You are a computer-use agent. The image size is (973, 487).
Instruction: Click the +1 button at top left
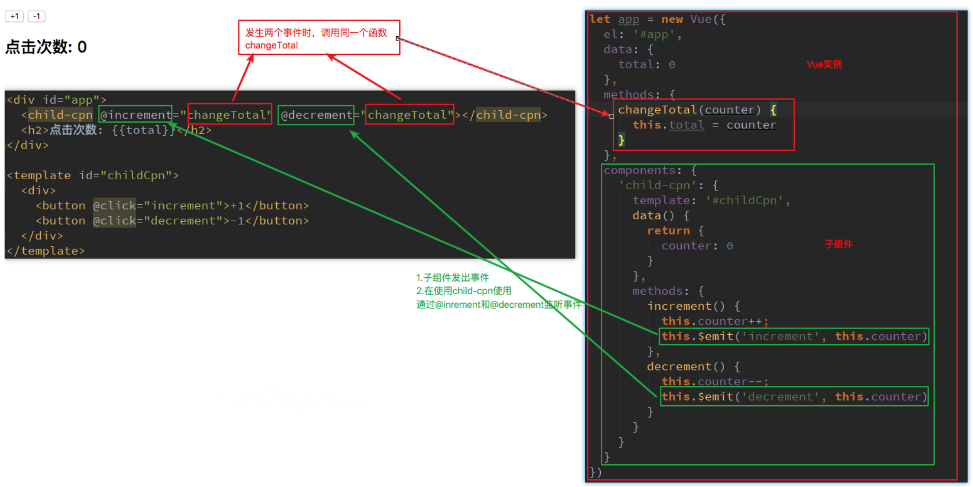click(15, 17)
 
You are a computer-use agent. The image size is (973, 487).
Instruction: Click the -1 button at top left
click(36, 17)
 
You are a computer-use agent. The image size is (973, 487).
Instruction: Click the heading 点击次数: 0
click(46, 47)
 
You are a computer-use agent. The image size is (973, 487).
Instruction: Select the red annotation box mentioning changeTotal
click(319, 38)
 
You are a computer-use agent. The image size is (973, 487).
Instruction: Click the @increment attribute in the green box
click(135, 115)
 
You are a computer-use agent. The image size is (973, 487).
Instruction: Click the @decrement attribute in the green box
click(316, 115)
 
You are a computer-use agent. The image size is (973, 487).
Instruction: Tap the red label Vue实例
click(824, 64)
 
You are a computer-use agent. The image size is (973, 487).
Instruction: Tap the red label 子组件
click(838, 244)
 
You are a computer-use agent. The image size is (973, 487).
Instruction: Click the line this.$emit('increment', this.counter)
click(794, 336)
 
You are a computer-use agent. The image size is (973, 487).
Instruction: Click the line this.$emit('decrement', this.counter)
click(794, 397)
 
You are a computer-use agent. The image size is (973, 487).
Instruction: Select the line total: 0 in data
click(646, 65)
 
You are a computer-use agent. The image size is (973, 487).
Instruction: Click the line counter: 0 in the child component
click(697, 246)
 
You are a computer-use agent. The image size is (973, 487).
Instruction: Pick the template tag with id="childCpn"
click(93, 176)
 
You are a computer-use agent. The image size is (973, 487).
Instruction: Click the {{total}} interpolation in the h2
click(144, 130)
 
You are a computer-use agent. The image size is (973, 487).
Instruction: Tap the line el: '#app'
click(642, 35)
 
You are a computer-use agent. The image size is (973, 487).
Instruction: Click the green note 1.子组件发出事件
click(452, 278)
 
